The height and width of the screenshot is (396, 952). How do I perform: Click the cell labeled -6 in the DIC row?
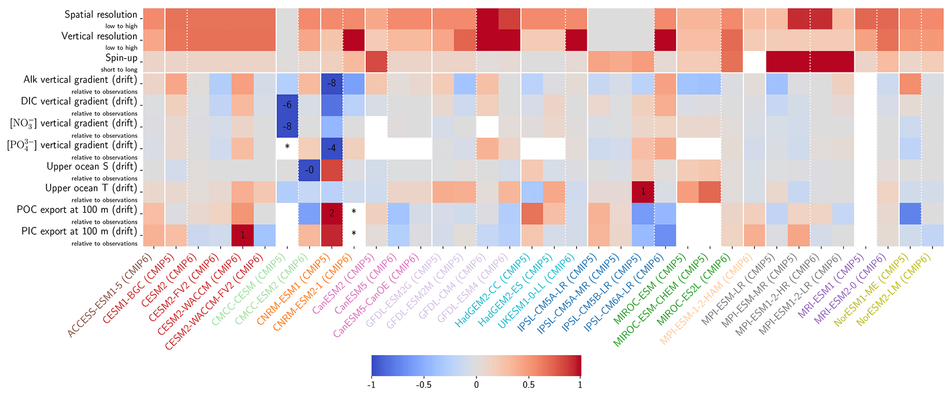pyautogui.click(x=287, y=105)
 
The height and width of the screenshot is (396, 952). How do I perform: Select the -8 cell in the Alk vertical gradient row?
pyautogui.click(x=332, y=83)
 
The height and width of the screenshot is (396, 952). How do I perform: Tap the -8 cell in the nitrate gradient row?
pyautogui.click(x=287, y=127)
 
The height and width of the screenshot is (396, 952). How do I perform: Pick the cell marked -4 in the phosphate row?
pyautogui.click(x=332, y=148)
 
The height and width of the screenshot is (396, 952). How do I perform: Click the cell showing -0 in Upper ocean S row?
pyautogui.click(x=310, y=170)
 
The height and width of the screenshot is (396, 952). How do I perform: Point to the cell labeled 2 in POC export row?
pyautogui.click(x=332, y=213)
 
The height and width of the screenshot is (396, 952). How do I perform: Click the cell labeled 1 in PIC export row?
pyautogui.click(x=243, y=235)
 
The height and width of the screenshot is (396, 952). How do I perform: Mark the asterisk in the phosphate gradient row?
pyautogui.click(x=287, y=147)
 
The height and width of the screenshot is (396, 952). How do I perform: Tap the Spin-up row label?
pyautogui.click(x=122, y=58)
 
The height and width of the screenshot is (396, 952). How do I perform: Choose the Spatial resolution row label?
pyautogui.click(x=101, y=15)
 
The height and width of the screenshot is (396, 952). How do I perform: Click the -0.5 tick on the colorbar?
pyautogui.click(x=423, y=384)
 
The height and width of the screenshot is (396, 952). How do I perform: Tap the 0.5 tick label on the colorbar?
pyautogui.click(x=528, y=384)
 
